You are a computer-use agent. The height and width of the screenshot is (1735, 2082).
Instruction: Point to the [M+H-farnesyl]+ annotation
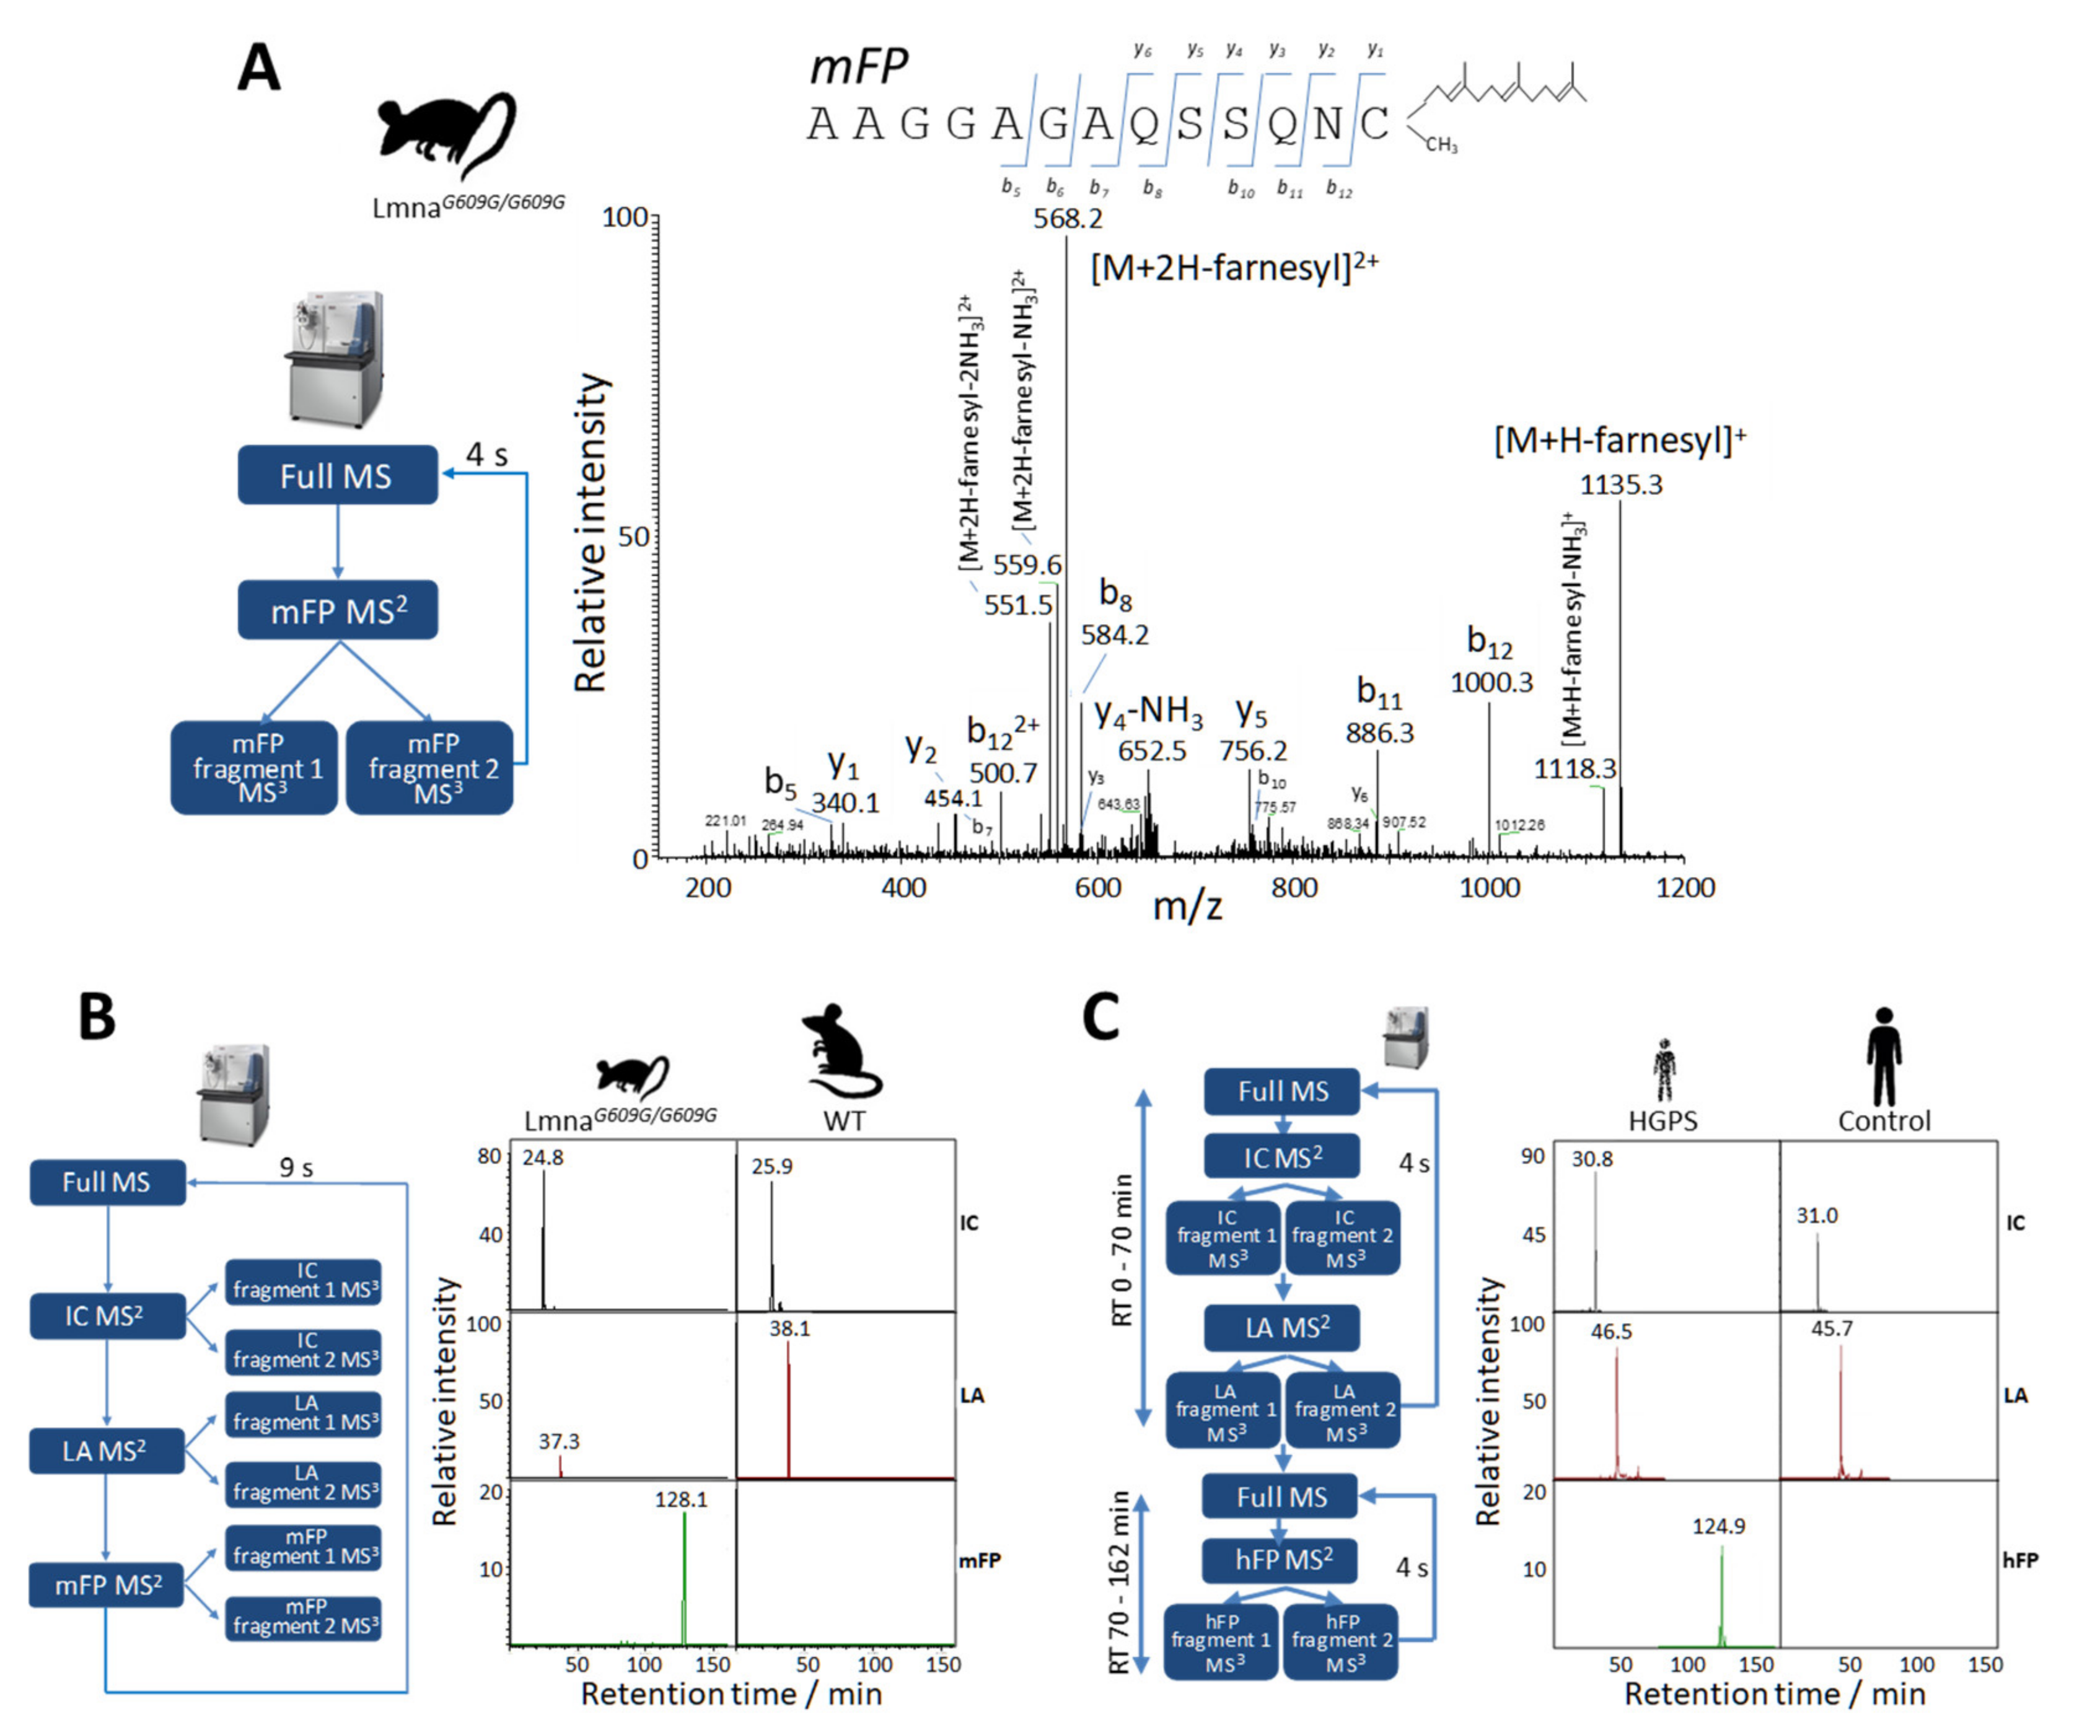[1619, 440]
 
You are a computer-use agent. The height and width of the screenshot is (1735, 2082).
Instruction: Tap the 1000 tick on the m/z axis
[1489, 887]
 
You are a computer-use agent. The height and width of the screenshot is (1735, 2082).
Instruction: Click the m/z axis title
[1187, 905]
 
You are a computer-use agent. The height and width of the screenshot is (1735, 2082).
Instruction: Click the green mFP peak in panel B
[684, 1576]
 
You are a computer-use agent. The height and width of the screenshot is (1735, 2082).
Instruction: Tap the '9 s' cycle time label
[296, 1168]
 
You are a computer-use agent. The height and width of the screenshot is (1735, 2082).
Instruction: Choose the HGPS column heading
[1663, 1122]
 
